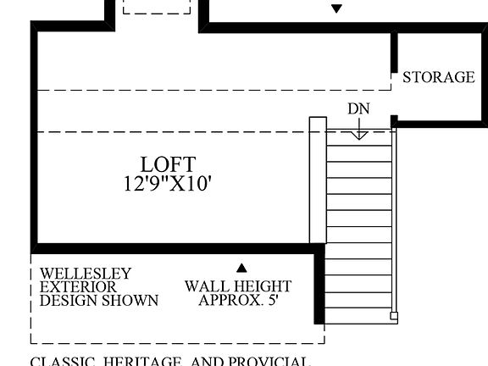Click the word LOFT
point(168,164)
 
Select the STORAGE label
point(438,77)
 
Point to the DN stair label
point(359,108)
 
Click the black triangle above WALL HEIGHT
point(240,267)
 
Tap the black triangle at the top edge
point(336,8)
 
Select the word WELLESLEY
point(86,274)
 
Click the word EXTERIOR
point(78,287)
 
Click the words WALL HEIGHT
point(238,287)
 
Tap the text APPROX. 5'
point(238,300)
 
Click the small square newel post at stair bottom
point(393,317)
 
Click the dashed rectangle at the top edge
point(158,7)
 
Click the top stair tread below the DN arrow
point(361,144)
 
